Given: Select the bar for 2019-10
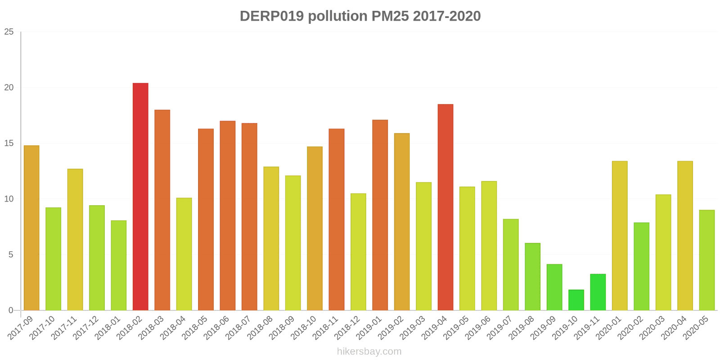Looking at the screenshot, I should click(576, 300).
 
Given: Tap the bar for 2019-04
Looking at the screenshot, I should click(445, 207).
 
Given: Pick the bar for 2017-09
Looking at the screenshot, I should click(31, 228).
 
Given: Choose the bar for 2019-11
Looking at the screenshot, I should click(598, 292).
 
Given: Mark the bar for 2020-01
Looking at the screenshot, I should click(620, 236).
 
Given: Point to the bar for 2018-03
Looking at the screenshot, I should click(162, 210).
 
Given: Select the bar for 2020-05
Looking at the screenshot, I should click(707, 260).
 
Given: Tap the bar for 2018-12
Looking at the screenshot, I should click(358, 252).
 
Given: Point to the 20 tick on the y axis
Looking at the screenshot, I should click(9, 88).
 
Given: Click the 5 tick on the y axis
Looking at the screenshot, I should click(11, 255).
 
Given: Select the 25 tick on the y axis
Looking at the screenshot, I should click(9, 32).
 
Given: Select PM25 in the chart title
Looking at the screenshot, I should click(390, 16).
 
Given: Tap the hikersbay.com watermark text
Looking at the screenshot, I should click(369, 351).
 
